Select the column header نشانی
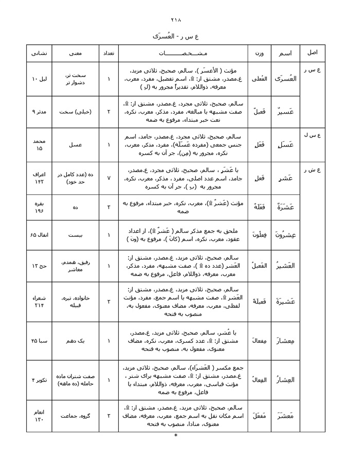(x=39, y=53)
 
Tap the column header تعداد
(x=109, y=53)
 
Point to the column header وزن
(x=259, y=53)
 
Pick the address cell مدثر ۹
(x=39, y=111)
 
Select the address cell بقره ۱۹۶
(x=39, y=207)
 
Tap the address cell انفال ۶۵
(x=39, y=235)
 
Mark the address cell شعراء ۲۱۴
(x=39, y=301)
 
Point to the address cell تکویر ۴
(x=39, y=380)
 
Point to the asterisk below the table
(x=176, y=436)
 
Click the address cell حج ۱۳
(x=39, y=266)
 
